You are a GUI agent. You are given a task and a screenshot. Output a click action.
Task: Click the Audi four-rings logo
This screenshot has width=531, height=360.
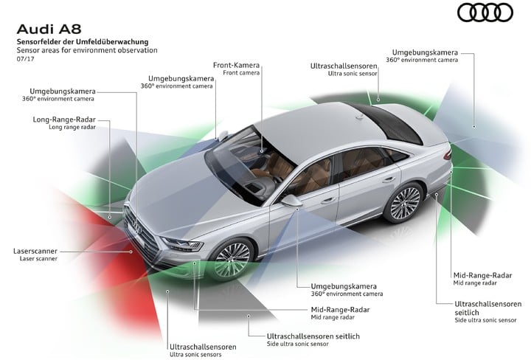[x=485, y=13]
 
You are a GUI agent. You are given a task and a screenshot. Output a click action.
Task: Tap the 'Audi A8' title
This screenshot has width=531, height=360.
[x=49, y=29]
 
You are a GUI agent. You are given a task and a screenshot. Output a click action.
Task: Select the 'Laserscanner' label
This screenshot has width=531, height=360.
[x=35, y=251]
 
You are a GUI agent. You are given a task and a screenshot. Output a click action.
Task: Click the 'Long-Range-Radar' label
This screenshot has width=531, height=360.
[x=64, y=120]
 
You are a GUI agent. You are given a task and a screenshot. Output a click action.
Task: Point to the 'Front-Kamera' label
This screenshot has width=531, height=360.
[x=236, y=65]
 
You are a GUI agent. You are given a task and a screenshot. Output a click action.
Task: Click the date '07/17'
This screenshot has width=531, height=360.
[x=25, y=59]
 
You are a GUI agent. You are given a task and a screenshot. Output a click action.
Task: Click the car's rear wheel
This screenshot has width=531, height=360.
[x=404, y=203]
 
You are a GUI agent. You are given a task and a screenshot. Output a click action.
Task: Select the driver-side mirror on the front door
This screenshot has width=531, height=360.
[x=291, y=201]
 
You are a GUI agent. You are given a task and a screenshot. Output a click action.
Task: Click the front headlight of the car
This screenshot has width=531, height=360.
[x=182, y=244]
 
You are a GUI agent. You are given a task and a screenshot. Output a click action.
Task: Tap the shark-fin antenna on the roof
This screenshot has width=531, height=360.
[x=359, y=117]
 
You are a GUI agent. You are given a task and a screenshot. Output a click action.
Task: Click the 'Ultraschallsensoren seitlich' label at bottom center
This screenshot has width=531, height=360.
[x=313, y=336]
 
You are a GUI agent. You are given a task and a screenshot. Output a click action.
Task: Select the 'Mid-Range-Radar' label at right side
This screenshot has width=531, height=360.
[x=482, y=275]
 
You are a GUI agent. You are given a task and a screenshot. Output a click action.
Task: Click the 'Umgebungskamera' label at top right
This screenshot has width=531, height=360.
[x=425, y=52]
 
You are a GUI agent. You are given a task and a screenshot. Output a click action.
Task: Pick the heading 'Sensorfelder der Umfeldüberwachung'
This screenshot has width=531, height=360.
[x=83, y=41]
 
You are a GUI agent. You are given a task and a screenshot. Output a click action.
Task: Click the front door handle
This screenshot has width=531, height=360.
[x=327, y=201]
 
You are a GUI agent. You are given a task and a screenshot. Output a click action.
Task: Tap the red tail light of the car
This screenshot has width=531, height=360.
[x=448, y=154]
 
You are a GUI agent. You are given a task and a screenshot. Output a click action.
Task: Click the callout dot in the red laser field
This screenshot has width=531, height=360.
[x=131, y=252]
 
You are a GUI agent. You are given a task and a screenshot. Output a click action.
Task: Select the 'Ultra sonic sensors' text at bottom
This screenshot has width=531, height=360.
[x=195, y=354]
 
